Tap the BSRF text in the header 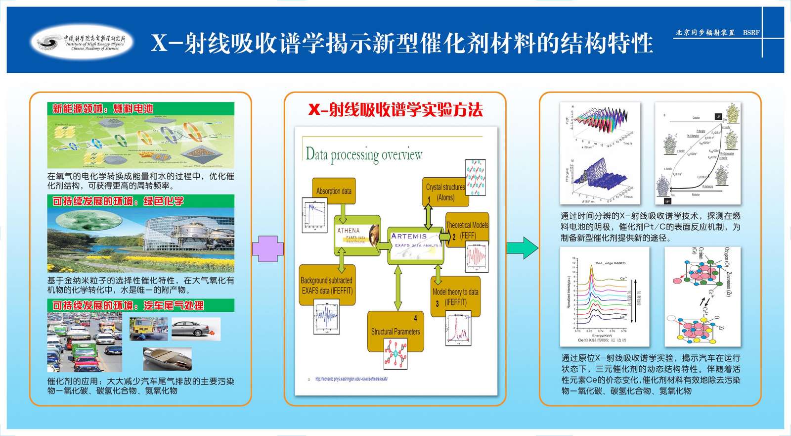click(x=751, y=33)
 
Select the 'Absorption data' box click(x=334, y=191)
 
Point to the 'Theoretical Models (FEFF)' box click(x=467, y=229)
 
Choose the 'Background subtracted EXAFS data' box click(x=327, y=285)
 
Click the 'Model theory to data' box click(x=455, y=296)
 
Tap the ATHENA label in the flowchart click(x=349, y=231)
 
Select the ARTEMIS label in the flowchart click(x=409, y=237)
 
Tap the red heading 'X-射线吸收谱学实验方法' click(x=395, y=109)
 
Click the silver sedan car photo click(x=195, y=329)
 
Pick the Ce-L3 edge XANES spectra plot click(x=604, y=297)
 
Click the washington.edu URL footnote click(x=351, y=379)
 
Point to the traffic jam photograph click(x=85, y=342)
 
